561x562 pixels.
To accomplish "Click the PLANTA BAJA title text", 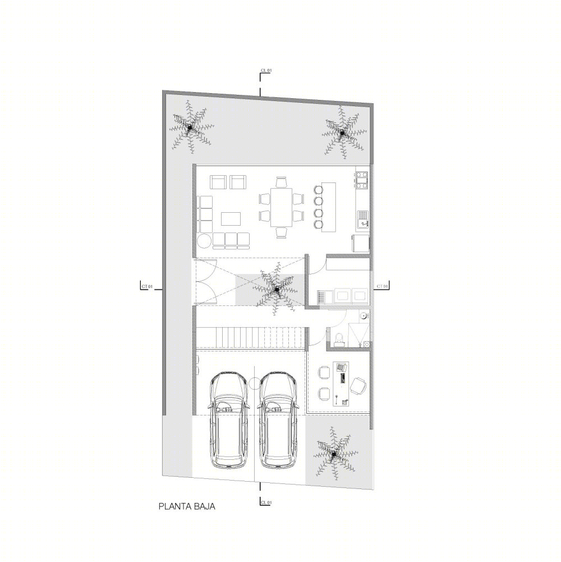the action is [187, 506].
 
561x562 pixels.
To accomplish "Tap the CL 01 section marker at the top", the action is [266, 71].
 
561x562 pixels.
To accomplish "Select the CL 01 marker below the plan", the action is [266, 502].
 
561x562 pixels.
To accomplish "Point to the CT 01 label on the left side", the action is [147, 286].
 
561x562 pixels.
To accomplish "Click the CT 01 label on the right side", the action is [382, 286].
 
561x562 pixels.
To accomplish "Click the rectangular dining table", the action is [282, 207].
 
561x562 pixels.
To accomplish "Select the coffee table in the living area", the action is [231, 218].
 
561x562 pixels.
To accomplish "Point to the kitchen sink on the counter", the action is [362, 220].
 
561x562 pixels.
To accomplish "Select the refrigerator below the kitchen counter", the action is [360, 243].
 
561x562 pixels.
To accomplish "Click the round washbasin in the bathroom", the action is [364, 316].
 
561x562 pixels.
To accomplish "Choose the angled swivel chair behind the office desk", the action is [358, 386].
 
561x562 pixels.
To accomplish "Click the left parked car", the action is [228, 420].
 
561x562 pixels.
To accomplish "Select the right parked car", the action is [278, 420].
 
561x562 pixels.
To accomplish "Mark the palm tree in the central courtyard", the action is [276, 289].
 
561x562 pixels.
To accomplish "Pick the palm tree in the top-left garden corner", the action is [190, 127].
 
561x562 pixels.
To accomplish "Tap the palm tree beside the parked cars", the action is [334, 454].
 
